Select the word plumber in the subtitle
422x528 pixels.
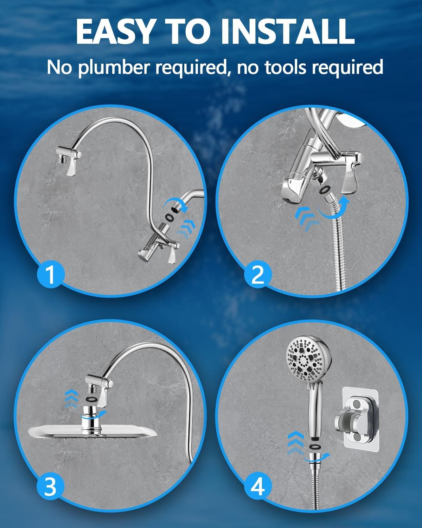coord(118,67)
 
